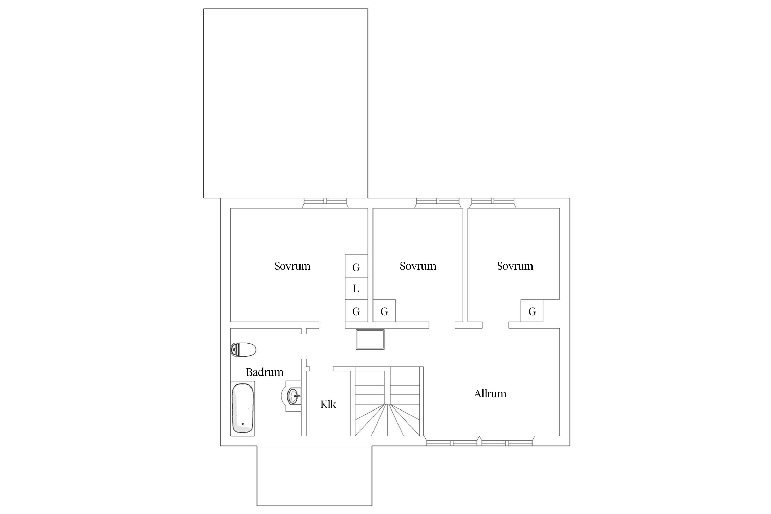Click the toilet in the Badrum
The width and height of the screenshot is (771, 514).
coord(243,350)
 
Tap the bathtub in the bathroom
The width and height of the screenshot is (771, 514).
coord(243,408)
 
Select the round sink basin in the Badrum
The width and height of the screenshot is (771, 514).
coord(294,396)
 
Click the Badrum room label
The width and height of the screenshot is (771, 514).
coord(265,372)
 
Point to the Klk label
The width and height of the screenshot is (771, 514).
coord(328,404)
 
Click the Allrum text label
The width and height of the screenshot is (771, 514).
coord(490,394)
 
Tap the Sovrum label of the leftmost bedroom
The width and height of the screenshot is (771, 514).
coord(292,266)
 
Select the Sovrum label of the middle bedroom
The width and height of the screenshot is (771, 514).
coord(418,266)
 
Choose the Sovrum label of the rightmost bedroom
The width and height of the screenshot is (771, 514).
coord(515,266)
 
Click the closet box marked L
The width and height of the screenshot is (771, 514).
coord(356,289)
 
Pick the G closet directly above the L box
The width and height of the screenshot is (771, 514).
coord(356,266)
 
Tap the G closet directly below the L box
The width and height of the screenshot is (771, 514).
coord(356,311)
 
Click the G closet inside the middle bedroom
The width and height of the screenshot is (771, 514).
coord(384,311)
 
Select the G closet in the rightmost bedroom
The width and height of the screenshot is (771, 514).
coord(532,311)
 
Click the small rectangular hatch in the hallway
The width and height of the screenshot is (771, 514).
coord(370,339)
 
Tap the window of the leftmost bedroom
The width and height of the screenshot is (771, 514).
coord(325,203)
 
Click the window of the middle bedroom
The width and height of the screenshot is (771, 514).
coord(438,203)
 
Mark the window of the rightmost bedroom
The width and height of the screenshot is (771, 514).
coord(493,203)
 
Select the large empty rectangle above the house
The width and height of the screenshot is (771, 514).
coord(285,103)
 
